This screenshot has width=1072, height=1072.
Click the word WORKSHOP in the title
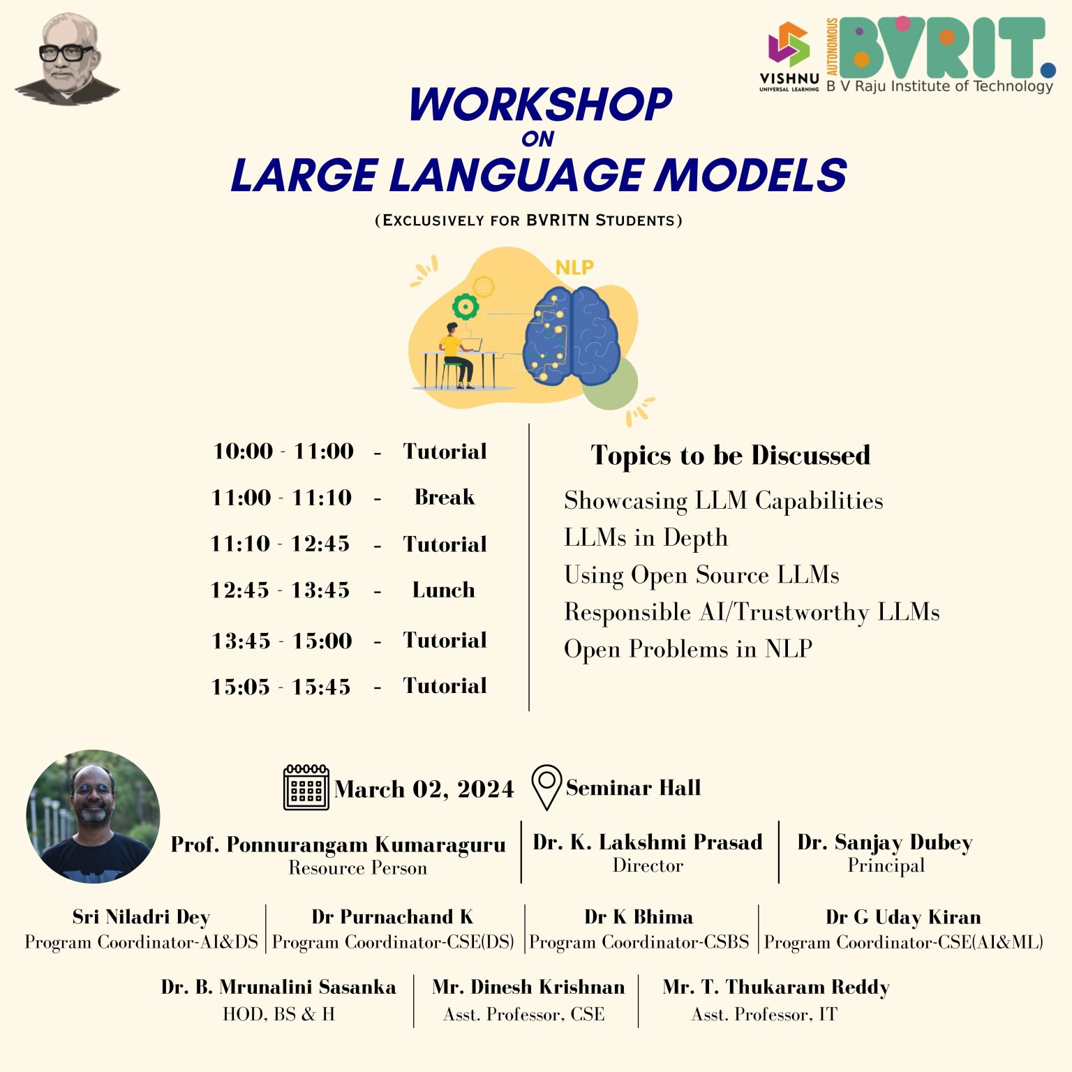[541, 105]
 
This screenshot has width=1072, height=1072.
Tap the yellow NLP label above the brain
[574, 268]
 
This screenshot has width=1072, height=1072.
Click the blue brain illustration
[572, 335]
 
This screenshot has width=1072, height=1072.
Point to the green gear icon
[465, 307]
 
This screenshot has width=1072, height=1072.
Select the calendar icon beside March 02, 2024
[306, 788]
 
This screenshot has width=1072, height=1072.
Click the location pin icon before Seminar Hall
[546, 787]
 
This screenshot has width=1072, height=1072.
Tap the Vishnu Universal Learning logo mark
[789, 45]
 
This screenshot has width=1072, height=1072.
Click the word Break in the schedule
[445, 497]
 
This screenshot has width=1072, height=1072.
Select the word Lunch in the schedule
[444, 590]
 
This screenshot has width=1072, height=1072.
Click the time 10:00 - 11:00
[283, 451]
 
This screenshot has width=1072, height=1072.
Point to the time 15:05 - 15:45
[281, 687]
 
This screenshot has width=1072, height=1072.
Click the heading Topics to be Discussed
[731, 455]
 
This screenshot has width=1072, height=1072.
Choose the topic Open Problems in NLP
[688, 649]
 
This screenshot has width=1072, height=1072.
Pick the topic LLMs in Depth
[646, 538]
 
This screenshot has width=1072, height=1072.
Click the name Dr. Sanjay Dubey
[885, 842]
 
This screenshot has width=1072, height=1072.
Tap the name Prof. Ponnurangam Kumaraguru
[338, 844]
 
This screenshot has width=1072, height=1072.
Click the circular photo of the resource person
[93, 817]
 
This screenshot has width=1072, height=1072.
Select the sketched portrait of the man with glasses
[67, 59]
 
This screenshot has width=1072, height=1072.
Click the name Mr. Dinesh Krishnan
[528, 987]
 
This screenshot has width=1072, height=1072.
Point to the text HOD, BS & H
[278, 1014]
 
